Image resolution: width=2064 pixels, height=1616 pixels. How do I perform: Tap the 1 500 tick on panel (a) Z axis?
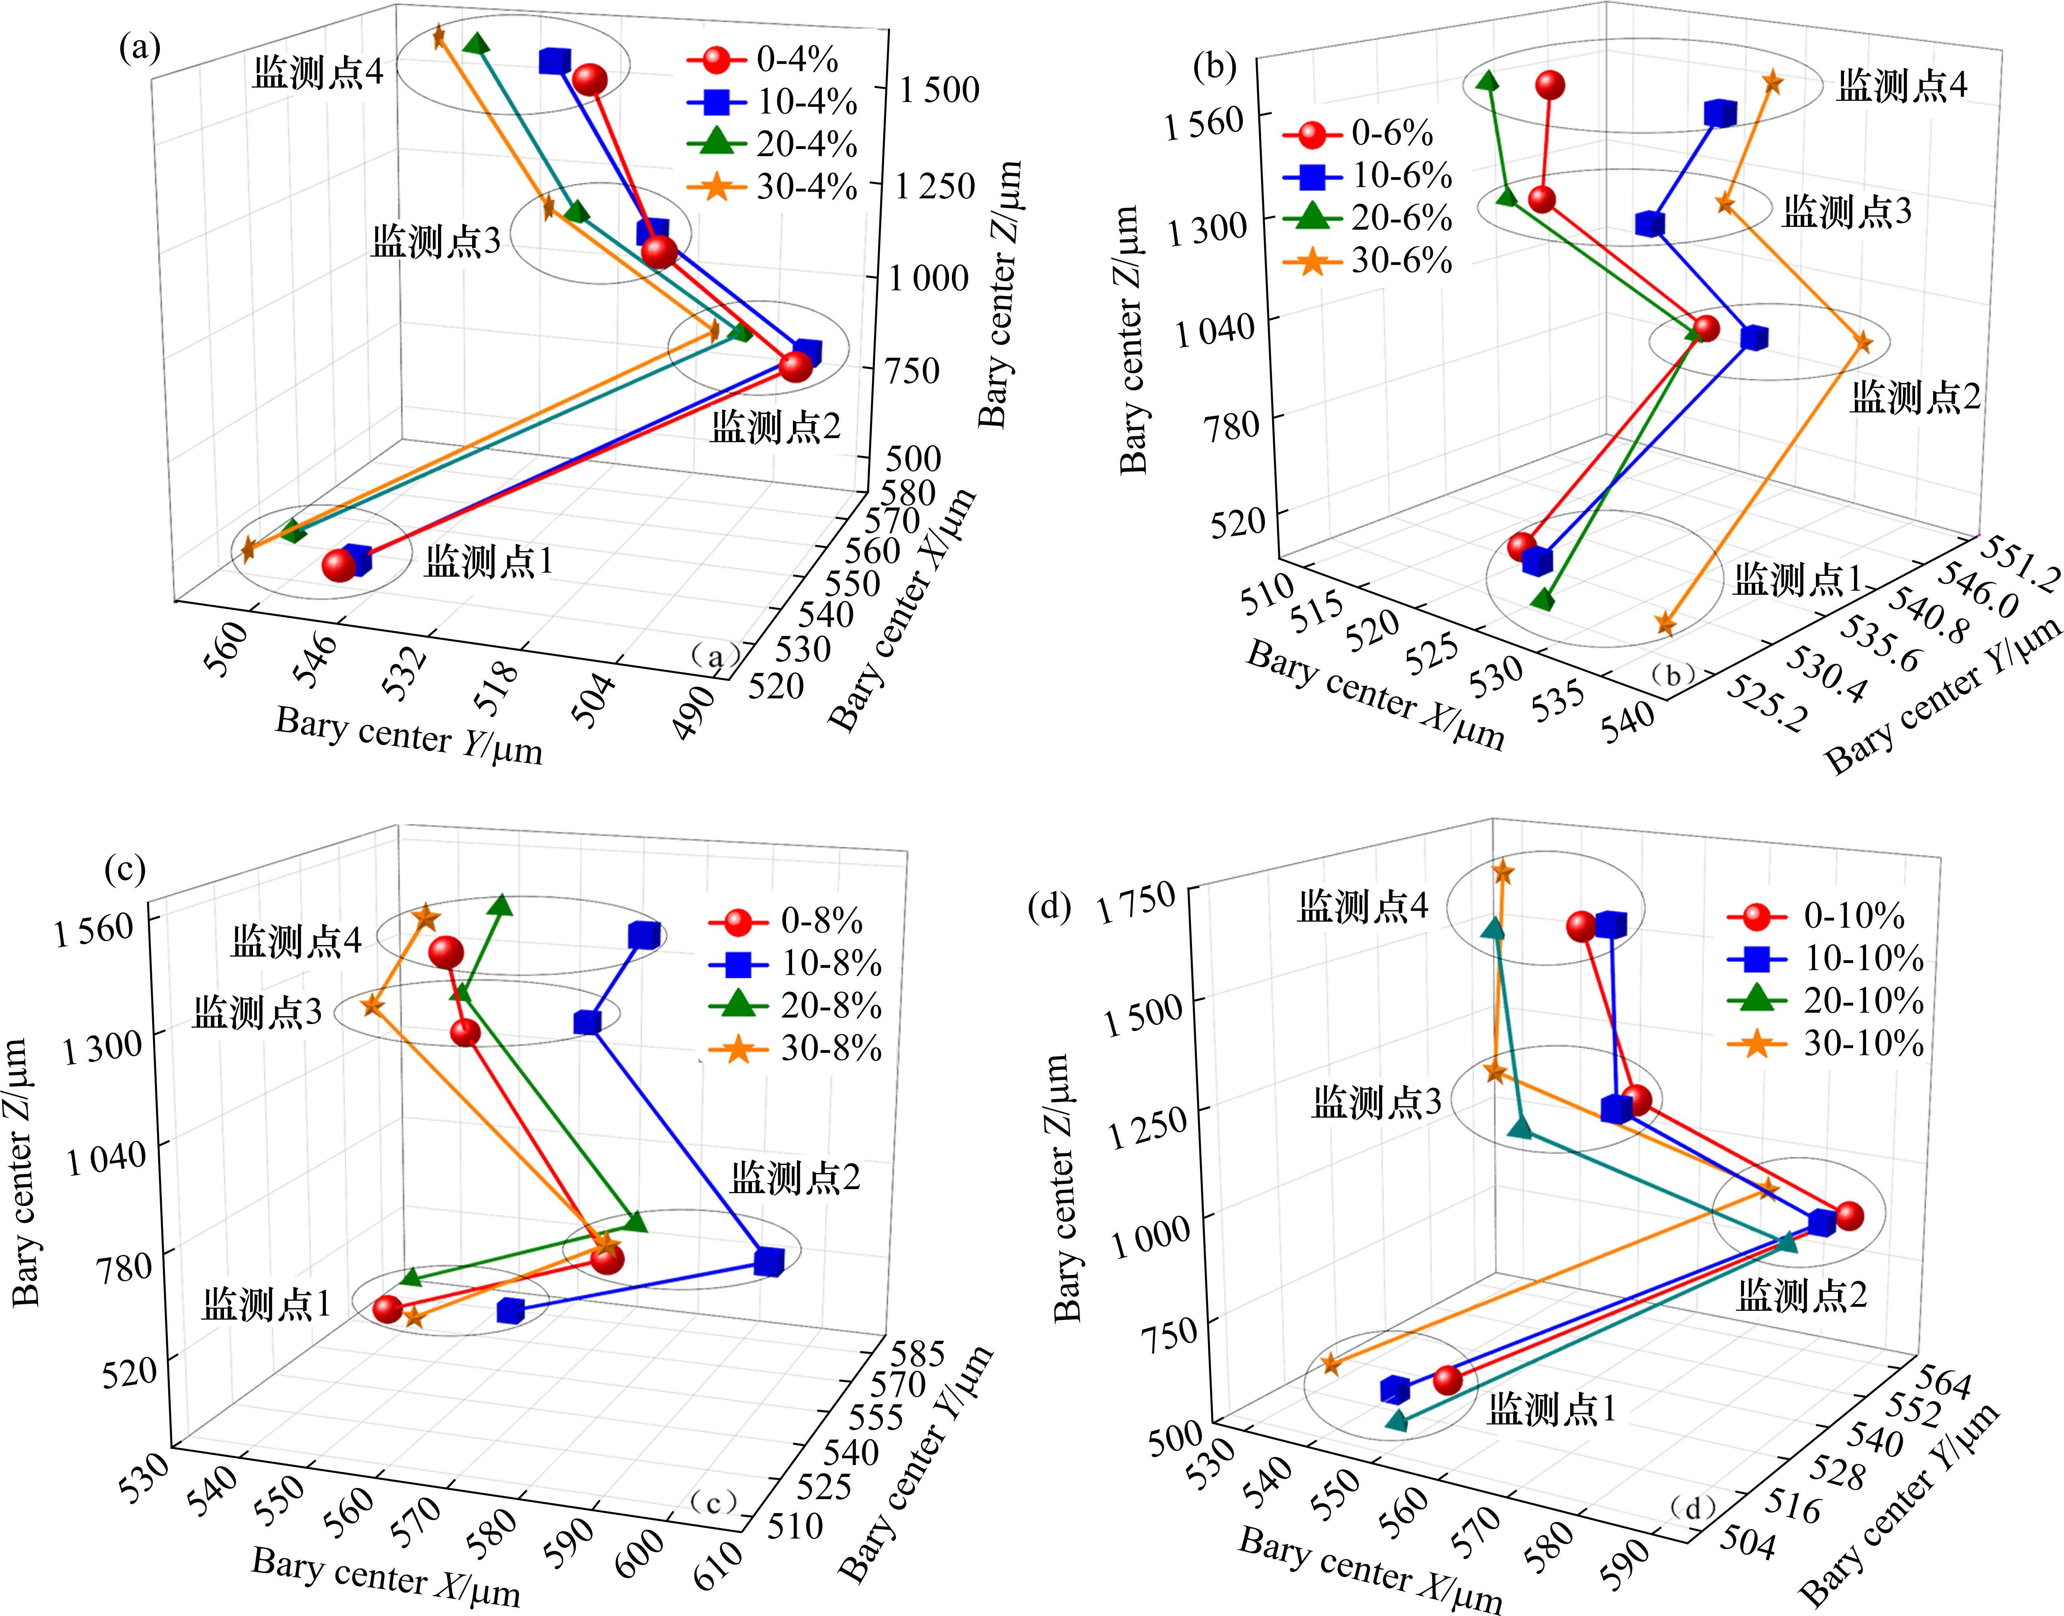point(939,90)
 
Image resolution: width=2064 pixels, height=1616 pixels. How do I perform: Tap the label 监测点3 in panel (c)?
point(257,1012)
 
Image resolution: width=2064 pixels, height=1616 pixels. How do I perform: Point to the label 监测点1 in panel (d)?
point(1551,1410)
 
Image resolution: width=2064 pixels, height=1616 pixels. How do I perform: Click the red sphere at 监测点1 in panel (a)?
point(338,565)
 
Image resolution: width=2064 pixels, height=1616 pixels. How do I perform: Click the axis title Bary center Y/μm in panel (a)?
point(409,736)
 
